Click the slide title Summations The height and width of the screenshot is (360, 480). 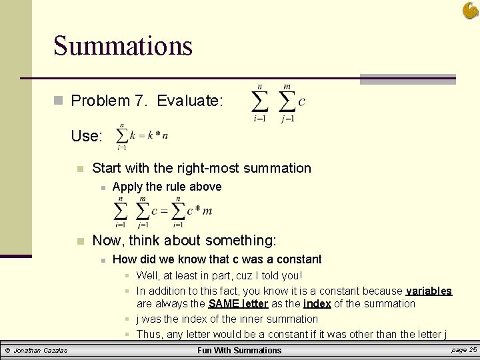point(123,46)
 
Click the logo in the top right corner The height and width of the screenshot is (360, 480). point(469,10)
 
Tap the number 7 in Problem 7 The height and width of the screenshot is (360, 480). point(139,101)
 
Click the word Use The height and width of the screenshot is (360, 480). point(87,136)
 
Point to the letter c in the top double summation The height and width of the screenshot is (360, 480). point(301,101)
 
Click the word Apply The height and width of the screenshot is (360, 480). point(129,187)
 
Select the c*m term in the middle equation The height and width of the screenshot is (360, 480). point(199,211)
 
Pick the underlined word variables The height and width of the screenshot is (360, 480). point(429,291)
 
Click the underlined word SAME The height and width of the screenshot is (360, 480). point(223,304)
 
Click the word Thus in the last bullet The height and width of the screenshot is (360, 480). point(150,334)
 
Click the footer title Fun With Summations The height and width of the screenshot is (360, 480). point(239,350)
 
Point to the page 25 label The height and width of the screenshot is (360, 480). point(464,349)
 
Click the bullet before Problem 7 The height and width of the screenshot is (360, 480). point(58,101)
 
